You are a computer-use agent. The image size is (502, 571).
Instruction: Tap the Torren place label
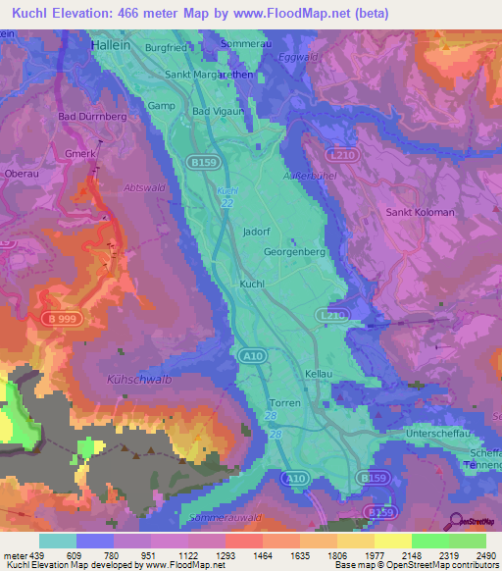284,403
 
